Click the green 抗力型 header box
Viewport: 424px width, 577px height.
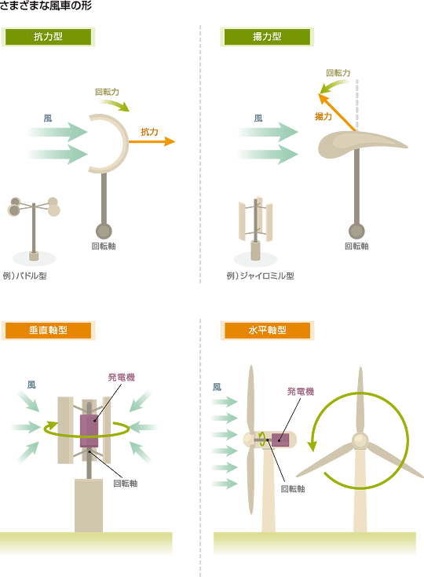click(48, 37)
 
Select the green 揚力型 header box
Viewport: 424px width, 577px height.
click(267, 37)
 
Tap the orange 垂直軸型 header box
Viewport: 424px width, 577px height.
click(48, 330)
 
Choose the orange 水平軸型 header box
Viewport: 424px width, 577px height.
click(267, 330)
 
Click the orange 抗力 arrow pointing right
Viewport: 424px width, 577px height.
click(152, 141)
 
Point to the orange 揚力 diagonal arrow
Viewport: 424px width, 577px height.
click(337, 111)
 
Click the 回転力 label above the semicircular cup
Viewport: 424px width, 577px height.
click(107, 92)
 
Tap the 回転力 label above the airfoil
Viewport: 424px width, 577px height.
click(338, 73)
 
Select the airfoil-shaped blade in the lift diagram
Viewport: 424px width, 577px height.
click(362, 144)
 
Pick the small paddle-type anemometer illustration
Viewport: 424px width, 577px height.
click(34, 229)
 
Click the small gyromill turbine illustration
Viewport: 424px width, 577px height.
click(256, 228)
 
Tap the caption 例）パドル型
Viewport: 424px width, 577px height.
click(24, 276)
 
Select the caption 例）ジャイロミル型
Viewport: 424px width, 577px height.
click(260, 276)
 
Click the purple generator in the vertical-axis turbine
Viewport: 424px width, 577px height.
click(89, 431)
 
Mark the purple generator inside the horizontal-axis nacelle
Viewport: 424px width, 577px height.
click(280, 440)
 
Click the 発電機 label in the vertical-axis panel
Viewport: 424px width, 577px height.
click(122, 377)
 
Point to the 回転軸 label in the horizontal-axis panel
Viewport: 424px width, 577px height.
click(293, 488)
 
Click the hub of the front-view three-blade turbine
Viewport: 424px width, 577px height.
click(360, 440)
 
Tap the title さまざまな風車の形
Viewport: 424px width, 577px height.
click(46, 5)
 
